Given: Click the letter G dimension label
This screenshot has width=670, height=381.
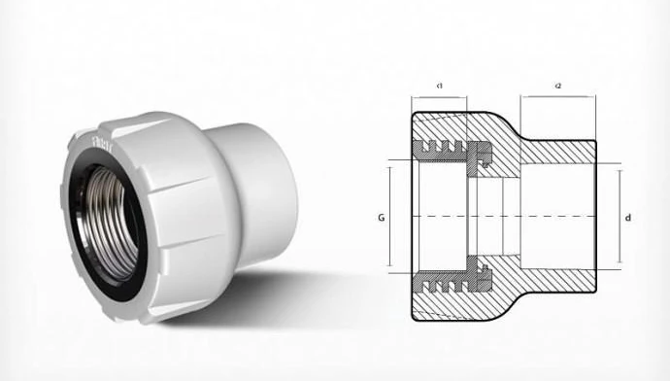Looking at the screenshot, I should [x=381, y=217].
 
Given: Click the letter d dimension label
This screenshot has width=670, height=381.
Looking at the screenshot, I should [x=628, y=217].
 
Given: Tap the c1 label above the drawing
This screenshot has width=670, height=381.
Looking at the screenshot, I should [x=440, y=87].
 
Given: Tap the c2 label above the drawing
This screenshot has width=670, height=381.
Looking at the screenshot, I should [x=558, y=87].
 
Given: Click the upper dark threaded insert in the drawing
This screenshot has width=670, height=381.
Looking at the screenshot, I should [x=452, y=150].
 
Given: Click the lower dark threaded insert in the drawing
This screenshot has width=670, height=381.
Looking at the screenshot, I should [x=452, y=281].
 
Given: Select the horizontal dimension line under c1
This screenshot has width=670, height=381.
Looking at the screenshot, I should [x=440, y=98].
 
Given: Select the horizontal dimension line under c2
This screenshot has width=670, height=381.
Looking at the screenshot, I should [x=558, y=98].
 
